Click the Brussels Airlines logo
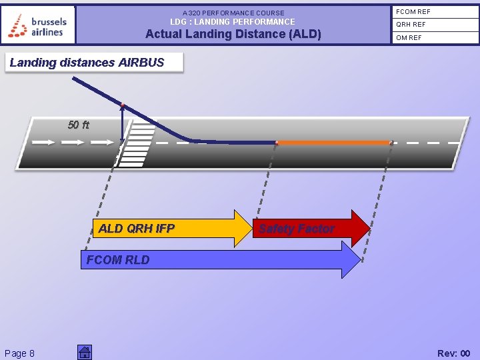coord(38,25)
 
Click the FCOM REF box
coord(434,12)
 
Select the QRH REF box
coord(434,25)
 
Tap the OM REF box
coord(434,38)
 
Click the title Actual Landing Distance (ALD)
coord(233,34)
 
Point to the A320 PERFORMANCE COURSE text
coord(233,13)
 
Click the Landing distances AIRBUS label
coord(87,63)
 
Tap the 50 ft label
coord(78,125)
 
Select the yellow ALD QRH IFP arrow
coord(167,228)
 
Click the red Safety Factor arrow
coord(310,229)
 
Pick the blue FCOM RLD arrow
coord(220,260)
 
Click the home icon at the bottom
coord(84,352)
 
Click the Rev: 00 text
coord(453,353)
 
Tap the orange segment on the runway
coord(333,142)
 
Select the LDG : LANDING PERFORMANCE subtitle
coord(233,22)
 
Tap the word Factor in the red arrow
coord(317,229)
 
